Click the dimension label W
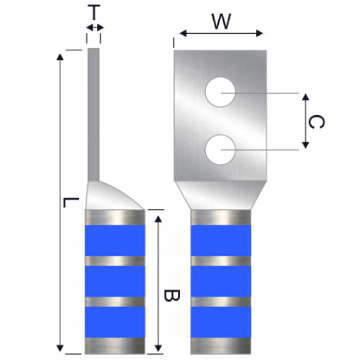click(221, 22)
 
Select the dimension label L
click(68, 202)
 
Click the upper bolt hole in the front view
click(220, 92)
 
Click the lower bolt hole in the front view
click(220, 149)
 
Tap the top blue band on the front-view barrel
click(222, 240)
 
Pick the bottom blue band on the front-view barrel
click(222, 321)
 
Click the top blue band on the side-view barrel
click(115, 240)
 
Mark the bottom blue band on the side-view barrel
click(115, 321)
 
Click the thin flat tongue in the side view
click(94, 111)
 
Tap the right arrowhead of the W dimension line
click(260, 34)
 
